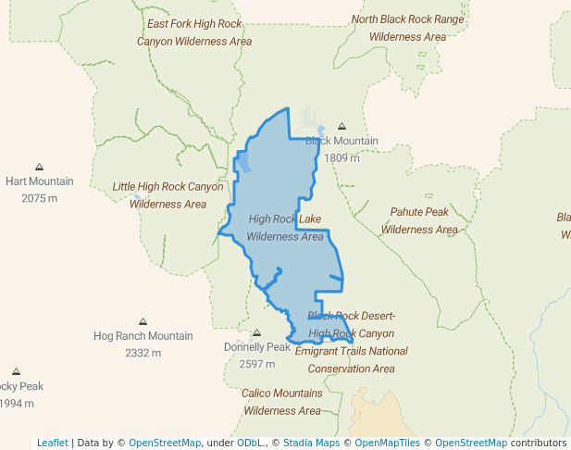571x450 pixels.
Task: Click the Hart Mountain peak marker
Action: click(39, 167)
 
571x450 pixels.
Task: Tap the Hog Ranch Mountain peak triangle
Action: click(143, 321)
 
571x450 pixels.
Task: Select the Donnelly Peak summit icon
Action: click(257, 333)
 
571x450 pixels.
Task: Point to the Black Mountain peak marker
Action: click(341, 126)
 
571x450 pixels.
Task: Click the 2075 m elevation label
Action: click(39, 198)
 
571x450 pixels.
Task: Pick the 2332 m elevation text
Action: click(143, 353)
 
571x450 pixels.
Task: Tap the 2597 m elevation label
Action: click(257, 364)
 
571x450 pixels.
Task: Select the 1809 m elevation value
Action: click(341, 157)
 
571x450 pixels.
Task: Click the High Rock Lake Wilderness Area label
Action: click(285, 228)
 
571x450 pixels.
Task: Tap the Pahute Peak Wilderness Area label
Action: click(419, 220)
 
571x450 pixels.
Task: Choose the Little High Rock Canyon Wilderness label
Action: click(168, 195)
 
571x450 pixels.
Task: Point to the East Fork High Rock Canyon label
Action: click(194, 32)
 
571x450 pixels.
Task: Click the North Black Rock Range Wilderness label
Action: click(408, 28)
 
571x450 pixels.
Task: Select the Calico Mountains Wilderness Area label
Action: click(282, 402)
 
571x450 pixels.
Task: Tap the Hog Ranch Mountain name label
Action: click(143, 336)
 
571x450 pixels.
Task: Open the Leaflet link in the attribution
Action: click(52, 443)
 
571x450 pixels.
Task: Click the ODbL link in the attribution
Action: click(249, 443)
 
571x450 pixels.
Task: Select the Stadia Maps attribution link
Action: click(311, 443)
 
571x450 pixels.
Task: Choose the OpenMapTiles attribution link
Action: click(389, 443)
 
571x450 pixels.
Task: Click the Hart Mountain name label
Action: click(39, 181)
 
